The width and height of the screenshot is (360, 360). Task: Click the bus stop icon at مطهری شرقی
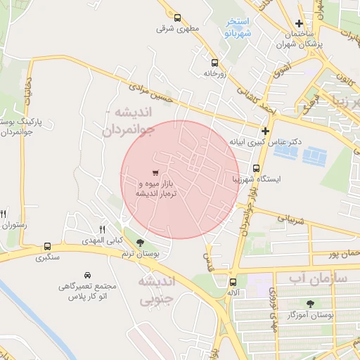(x=176, y=18)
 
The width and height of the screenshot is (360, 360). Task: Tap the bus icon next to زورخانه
(x=205, y=61)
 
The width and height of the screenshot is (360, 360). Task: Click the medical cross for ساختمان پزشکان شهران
(x=300, y=23)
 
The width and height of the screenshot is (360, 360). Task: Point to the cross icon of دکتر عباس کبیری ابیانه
(x=265, y=131)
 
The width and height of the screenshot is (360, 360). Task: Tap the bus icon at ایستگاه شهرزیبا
(x=256, y=169)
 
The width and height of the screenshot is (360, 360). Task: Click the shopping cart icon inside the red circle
(x=155, y=173)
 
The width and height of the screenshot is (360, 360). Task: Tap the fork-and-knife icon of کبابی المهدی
(x=102, y=229)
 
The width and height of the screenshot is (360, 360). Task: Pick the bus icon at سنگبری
(x=47, y=247)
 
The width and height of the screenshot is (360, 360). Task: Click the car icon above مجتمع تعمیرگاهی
(x=87, y=275)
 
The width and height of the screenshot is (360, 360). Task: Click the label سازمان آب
(x=319, y=278)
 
